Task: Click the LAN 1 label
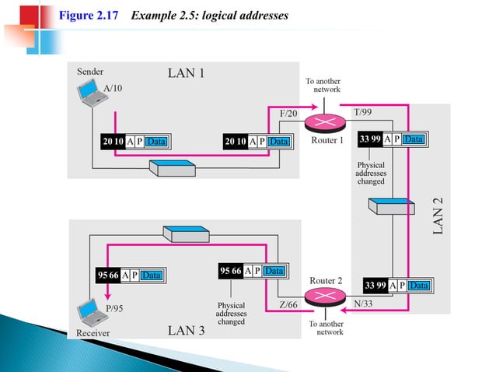coord(187,74)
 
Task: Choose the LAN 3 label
coord(187,331)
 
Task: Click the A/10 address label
coord(113,88)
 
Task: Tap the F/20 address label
coord(288,114)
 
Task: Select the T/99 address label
coord(363,113)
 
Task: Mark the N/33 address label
coord(363,304)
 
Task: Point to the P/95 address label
coord(114,309)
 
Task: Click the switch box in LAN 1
coord(171,169)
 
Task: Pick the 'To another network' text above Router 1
coord(322,85)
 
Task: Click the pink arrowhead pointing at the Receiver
coord(107,295)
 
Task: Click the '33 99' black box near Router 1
coord(371,139)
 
